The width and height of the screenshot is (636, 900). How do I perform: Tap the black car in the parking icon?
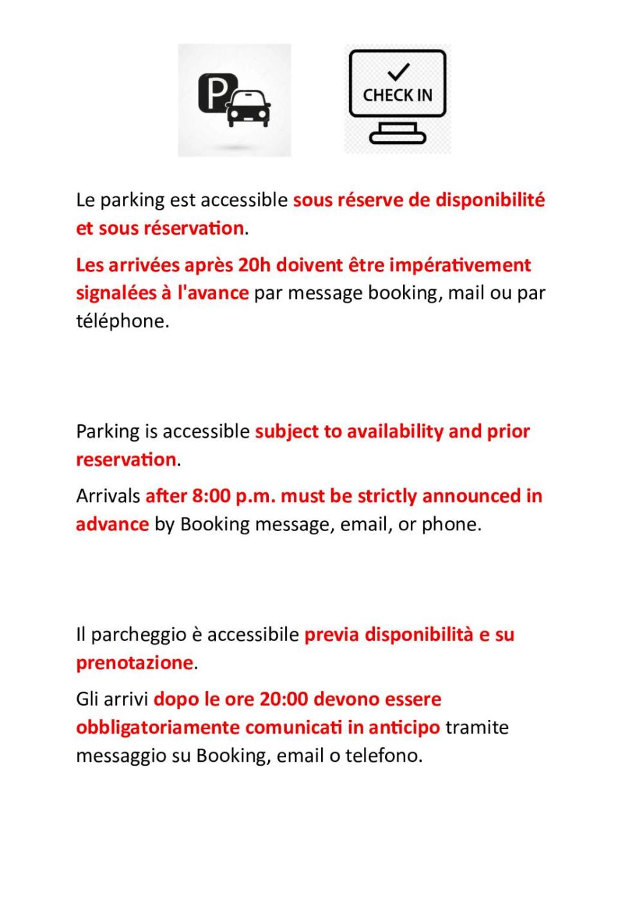(x=250, y=108)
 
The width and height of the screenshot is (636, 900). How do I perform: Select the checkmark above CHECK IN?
(x=399, y=71)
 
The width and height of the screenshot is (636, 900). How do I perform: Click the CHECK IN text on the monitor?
(x=397, y=95)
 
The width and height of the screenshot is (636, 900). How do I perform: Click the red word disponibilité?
(x=490, y=200)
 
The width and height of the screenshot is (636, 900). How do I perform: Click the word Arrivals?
(x=108, y=496)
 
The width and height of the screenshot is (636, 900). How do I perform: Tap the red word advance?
(x=113, y=525)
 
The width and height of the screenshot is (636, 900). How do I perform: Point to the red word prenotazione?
(x=134, y=663)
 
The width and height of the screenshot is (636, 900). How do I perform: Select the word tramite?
(x=477, y=728)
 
